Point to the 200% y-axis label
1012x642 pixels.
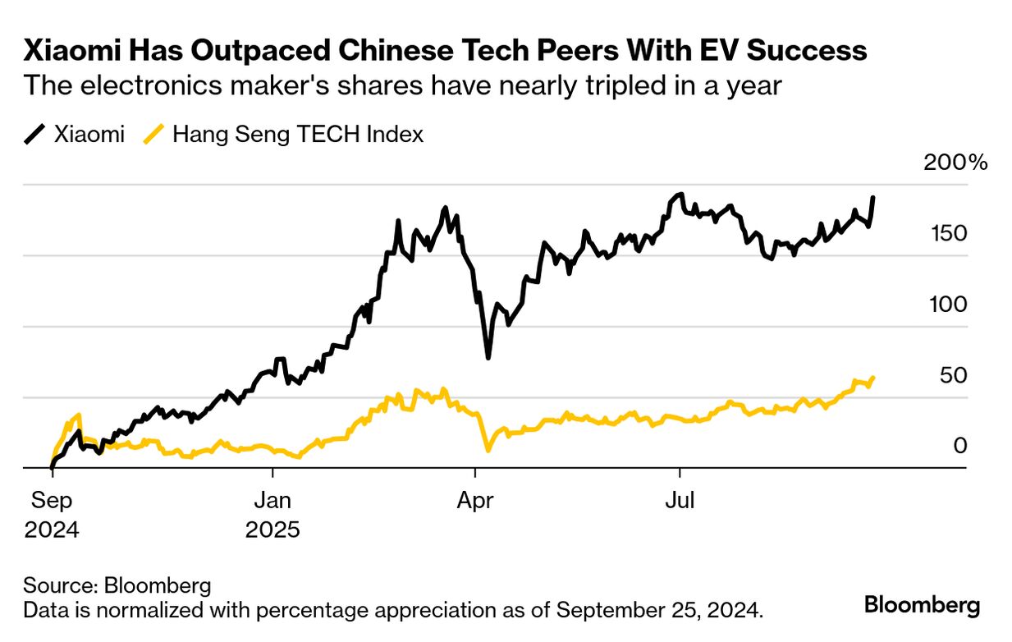click(955, 163)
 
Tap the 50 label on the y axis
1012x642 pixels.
click(952, 376)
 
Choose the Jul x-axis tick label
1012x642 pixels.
click(679, 500)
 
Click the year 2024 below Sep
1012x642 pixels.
click(51, 530)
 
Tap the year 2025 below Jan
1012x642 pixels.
click(272, 530)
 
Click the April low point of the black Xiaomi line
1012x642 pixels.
click(488, 358)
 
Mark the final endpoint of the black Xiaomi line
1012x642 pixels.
click(872, 198)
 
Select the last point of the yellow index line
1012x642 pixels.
click(872, 378)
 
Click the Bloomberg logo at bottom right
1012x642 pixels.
click(922, 606)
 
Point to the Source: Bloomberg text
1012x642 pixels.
click(117, 586)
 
